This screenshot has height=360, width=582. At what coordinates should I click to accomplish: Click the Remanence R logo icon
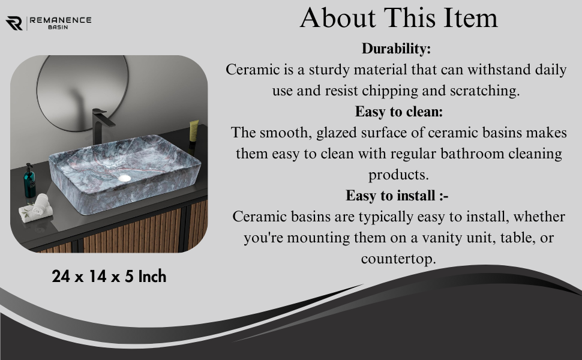(14, 23)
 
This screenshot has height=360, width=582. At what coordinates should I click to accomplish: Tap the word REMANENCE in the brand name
(61, 20)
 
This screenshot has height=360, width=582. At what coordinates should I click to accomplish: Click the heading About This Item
(398, 17)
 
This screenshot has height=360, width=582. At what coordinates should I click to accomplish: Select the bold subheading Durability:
(396, 49)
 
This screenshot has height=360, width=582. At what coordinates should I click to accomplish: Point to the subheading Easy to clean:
(398, 112)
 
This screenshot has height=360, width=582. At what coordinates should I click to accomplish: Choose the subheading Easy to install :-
(397, 196)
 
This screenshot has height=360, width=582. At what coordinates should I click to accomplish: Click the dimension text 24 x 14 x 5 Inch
(109, 277)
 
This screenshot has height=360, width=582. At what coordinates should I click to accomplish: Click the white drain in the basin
(124, 178)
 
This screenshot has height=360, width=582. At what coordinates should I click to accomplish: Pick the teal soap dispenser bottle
(29, 181)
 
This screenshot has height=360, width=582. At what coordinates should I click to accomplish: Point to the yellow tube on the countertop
(193, 131)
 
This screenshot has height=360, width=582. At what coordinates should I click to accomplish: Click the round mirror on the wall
(82, 93)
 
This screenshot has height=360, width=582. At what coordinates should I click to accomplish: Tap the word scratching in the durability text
(484, 91)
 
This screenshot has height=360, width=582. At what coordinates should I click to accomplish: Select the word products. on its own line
(398, 175)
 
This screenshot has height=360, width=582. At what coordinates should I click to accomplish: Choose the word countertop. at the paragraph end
(398, 259)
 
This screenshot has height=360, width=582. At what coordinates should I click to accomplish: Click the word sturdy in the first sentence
(328, 70)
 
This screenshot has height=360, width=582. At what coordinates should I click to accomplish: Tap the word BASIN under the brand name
(58, 27)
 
